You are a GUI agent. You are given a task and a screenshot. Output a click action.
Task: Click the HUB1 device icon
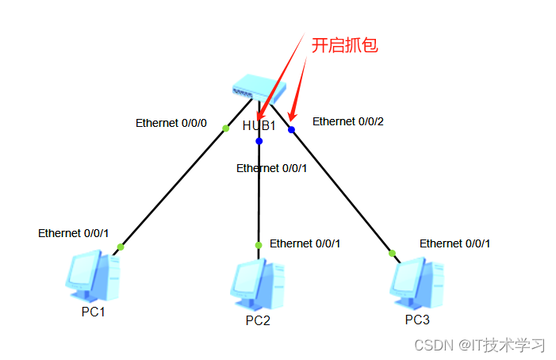259,87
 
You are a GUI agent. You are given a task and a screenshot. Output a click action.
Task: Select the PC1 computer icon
94,275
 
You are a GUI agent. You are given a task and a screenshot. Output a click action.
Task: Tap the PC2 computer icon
258,283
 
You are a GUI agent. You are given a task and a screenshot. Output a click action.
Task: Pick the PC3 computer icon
416,281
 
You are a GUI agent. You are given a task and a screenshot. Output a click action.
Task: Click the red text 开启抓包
344,45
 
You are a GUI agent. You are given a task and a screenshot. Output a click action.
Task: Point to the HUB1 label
259,126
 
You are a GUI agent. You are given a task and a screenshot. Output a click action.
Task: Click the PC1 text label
93,312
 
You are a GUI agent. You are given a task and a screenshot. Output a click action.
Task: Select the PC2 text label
258,320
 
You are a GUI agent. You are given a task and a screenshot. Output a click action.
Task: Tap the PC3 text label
417,320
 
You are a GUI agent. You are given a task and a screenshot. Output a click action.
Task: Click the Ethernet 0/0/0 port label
171,123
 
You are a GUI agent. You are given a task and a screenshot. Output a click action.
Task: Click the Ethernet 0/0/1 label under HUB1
272,168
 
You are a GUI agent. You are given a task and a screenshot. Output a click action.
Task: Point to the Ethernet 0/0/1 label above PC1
74,233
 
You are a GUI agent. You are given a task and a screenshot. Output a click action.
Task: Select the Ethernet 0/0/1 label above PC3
454,243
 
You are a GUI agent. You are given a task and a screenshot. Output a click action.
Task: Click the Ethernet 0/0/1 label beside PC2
305,243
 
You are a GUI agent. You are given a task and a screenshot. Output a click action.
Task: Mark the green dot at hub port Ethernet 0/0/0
225,128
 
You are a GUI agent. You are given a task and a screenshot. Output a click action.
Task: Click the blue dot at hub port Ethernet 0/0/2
291,129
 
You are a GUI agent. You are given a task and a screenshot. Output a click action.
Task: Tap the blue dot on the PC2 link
259,141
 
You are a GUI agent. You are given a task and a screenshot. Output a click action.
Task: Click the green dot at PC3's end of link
392,254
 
